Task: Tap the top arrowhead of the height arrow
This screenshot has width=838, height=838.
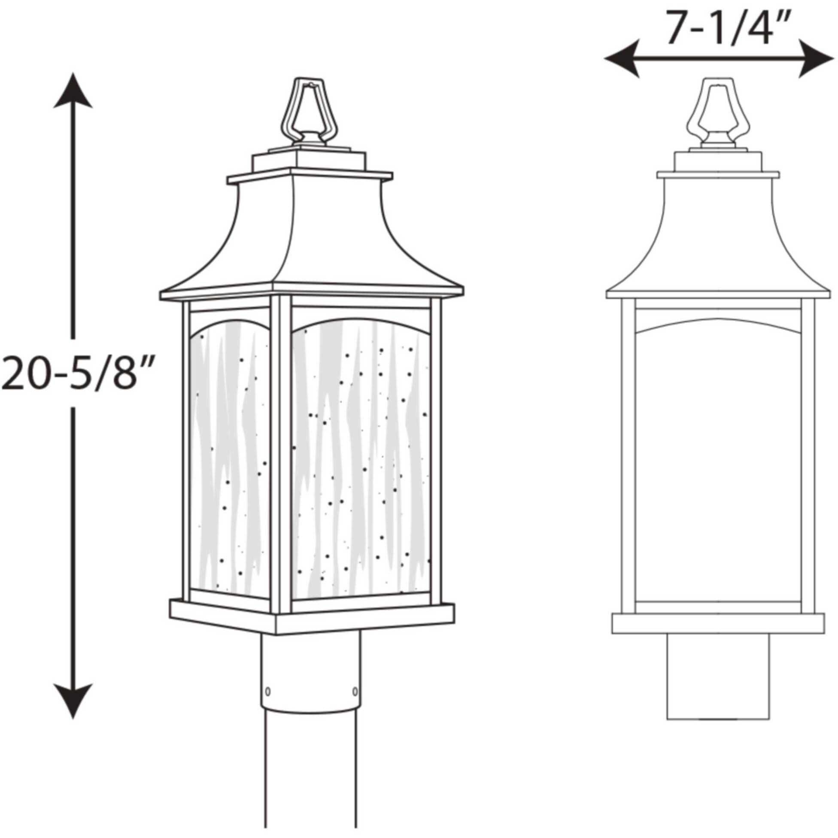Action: point(73,91)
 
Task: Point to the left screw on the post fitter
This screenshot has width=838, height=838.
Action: point(267,690)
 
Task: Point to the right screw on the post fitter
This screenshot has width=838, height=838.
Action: point(355,690)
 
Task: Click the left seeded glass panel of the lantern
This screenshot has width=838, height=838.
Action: point(230,460)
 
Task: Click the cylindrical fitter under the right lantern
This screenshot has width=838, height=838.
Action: point(718,677)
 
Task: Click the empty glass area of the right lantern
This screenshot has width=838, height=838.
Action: point(718,468)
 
